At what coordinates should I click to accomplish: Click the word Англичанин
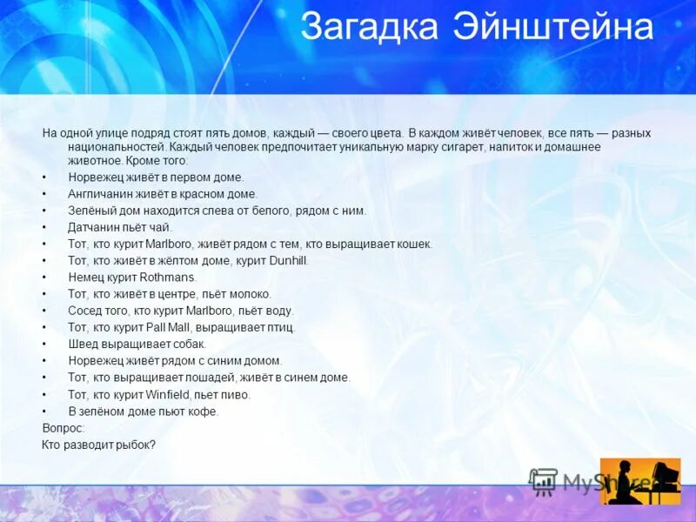pos(99,194)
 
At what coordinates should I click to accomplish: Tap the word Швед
pos(83,344)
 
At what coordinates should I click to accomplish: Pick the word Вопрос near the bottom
pos(62,428)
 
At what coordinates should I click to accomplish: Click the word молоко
pos(251,294)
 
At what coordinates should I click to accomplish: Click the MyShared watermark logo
pos(592,482)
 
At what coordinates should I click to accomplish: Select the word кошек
pos(414,244)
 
